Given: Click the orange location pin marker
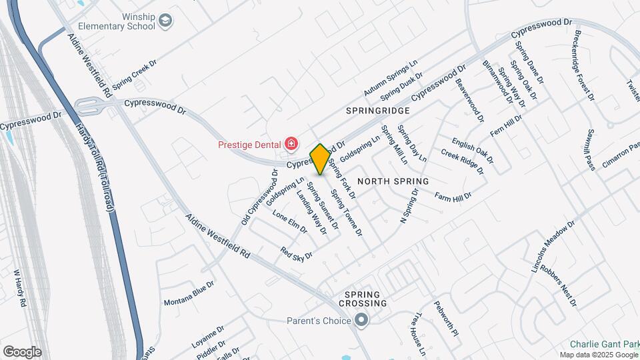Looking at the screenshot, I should [x=320, y=159].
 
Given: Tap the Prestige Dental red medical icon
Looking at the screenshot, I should [x=291, y=143].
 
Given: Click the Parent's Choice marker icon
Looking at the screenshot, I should [x=361, y=321].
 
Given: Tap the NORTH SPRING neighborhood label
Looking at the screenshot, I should [x=393, y=181].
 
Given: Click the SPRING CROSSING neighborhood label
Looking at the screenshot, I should [x=361, y=299].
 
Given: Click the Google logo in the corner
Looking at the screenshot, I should [x=22, y=351].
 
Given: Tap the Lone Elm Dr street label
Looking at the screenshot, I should [x=289, y=222].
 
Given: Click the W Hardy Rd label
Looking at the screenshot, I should [x=19, y=287].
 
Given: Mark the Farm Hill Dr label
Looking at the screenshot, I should [x=453, y=197].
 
